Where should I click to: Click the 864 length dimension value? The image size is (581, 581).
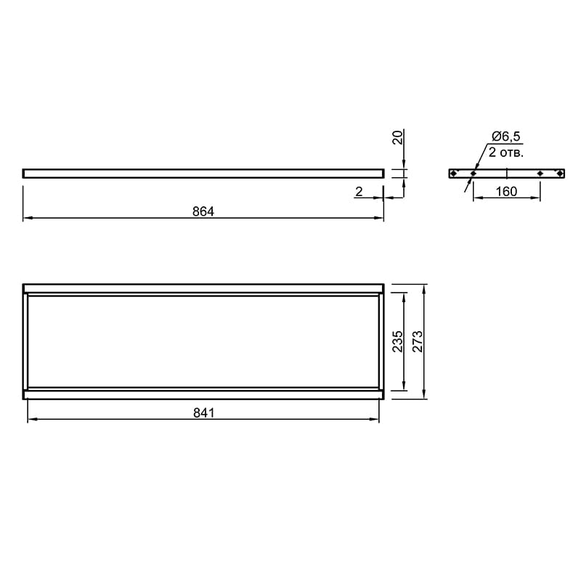tap(203, 211)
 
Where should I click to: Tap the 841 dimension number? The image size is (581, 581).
tap(204, 413)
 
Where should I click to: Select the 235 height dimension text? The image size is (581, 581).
tap(397, 341)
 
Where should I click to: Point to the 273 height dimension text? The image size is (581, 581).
tap(417, 341)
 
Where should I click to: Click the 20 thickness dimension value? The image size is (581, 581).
tap(397, 137)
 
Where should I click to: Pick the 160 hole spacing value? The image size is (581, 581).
tap(506, 191)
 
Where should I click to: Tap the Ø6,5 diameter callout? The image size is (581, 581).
tap(505, 137)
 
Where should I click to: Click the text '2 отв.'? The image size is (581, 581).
tap(505, 152)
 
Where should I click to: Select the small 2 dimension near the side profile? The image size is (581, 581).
tap(359, 191)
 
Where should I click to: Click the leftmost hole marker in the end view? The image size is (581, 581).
tap(453, 173)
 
